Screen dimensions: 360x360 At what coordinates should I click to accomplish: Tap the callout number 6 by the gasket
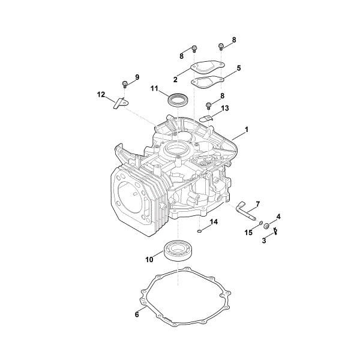point(137,314)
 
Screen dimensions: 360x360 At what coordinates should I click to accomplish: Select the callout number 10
point(149,259)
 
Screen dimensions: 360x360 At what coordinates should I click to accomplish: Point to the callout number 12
point(101,94)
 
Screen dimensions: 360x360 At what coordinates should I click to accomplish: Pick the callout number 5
point(238,68)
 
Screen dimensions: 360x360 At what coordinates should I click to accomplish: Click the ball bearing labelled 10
point(178,249)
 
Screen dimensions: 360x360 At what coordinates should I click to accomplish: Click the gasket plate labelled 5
point(208,81)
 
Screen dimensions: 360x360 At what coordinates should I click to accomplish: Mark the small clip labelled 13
point(206,116)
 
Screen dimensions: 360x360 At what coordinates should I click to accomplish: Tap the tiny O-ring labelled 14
point(199,229)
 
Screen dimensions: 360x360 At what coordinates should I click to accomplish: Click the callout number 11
point(154,89)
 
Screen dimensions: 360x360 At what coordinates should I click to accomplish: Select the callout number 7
point(257,203)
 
